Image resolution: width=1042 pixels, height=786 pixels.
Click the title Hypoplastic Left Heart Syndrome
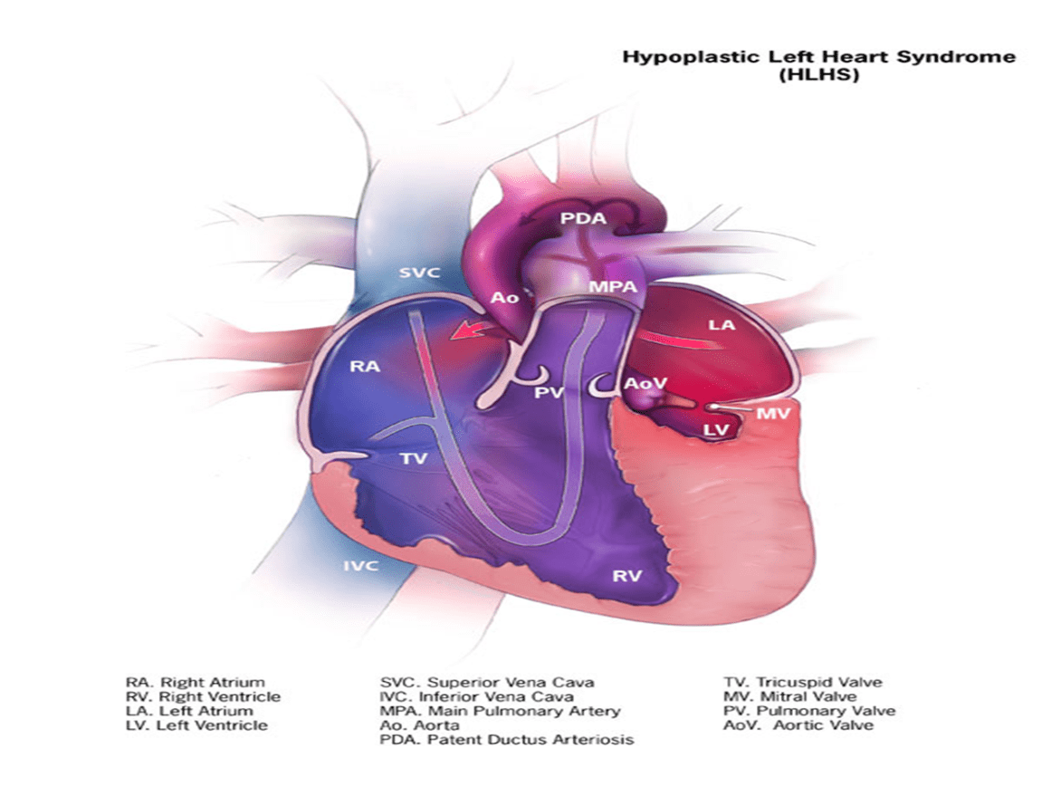click(x=818, y=57)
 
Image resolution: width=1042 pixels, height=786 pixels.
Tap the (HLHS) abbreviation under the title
click(x=818, y=76)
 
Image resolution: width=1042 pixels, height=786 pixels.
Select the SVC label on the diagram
click(x=419, y=272)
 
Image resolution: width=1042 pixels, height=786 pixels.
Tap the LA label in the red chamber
click(x=722, y=324)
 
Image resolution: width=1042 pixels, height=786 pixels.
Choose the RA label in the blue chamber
click(x=367, y=367)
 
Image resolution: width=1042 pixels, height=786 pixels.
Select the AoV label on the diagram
click(x=645, y=384)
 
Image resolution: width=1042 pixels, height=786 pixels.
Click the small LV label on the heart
click(x=716, y=429)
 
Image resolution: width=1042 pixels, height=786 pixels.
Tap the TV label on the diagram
click(x=415, y=459)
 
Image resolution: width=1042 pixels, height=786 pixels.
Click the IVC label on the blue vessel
click(x=360, y=566)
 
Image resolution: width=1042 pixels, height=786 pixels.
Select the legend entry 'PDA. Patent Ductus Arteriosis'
click(x=506, y=740)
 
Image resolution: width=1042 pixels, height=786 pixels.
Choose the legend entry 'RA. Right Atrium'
click(x=196, y=682)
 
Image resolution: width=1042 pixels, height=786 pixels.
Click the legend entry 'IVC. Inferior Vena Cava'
click(x=475, y=696)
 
